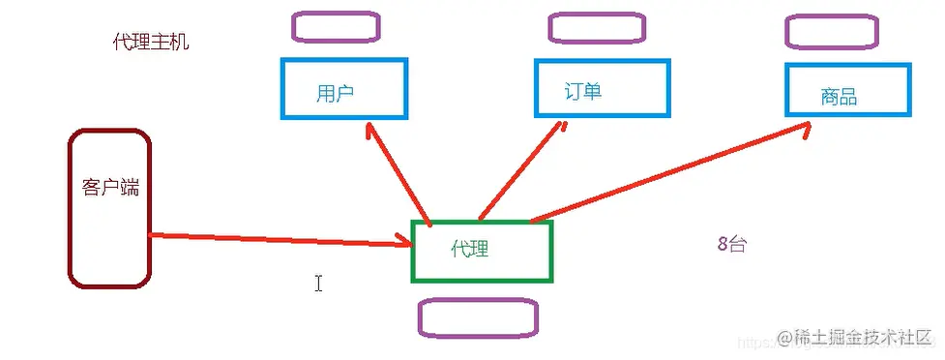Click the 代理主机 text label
pyautogui.click(x=151, y=42)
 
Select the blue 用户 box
pyautogui.click(x=343, y=88)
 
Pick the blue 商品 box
pyautogui.click(x=847, y=89)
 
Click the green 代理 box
pyautogui.click(x=482, y=252)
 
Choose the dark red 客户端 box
pyautogui.click(x=109, y=209)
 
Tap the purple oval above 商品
pyautogui.click(x=832, y=31)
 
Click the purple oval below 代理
pyautogui.click(x=477, y=318)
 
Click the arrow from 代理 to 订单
pyautogui.click(x=523, y=168)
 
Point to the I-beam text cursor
pyautogui.click(x=318, y=283)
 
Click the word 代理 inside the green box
pyautogui.click(x=470, y=250)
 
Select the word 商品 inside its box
pyautogui.click(x=839, y=97)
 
